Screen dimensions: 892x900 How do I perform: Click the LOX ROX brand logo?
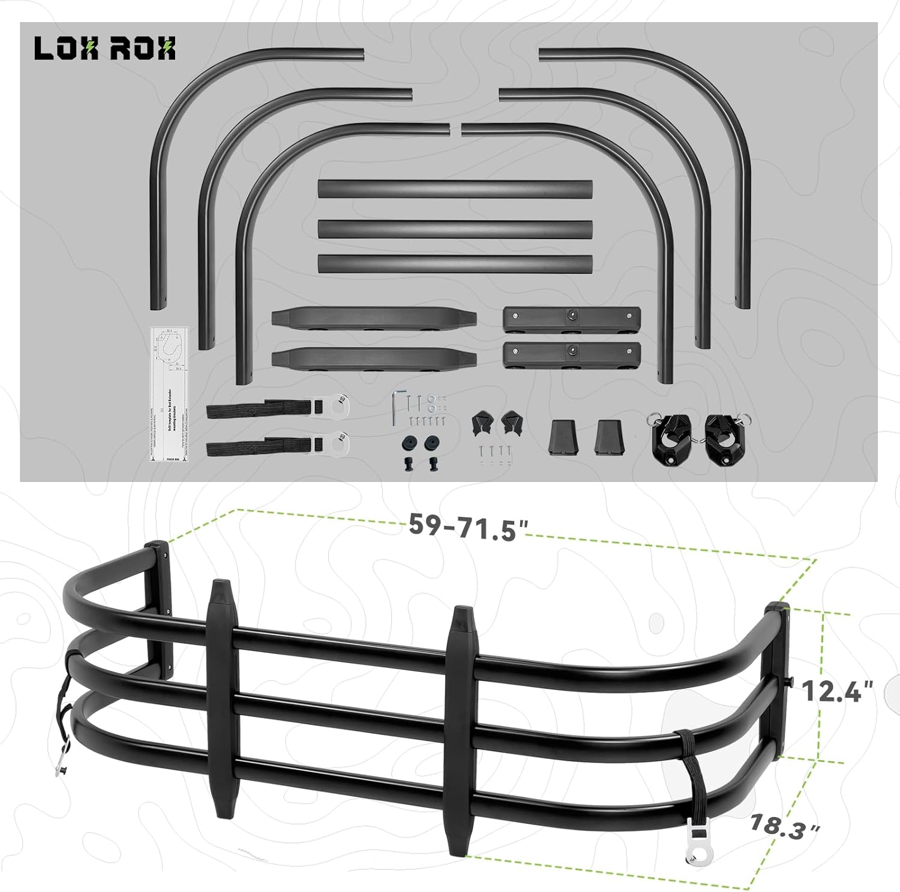click(x=105, y=49)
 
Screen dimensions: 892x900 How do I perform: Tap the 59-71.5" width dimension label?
click(x=469, y=527)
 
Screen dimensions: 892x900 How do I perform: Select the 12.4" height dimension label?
click(x=838, y=691)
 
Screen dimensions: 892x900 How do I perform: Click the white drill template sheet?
click(x=169, y=393)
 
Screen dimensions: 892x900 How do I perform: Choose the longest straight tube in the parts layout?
click(x=455, y=189)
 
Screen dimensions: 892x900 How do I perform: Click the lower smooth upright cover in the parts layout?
click(x=373, y=358)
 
